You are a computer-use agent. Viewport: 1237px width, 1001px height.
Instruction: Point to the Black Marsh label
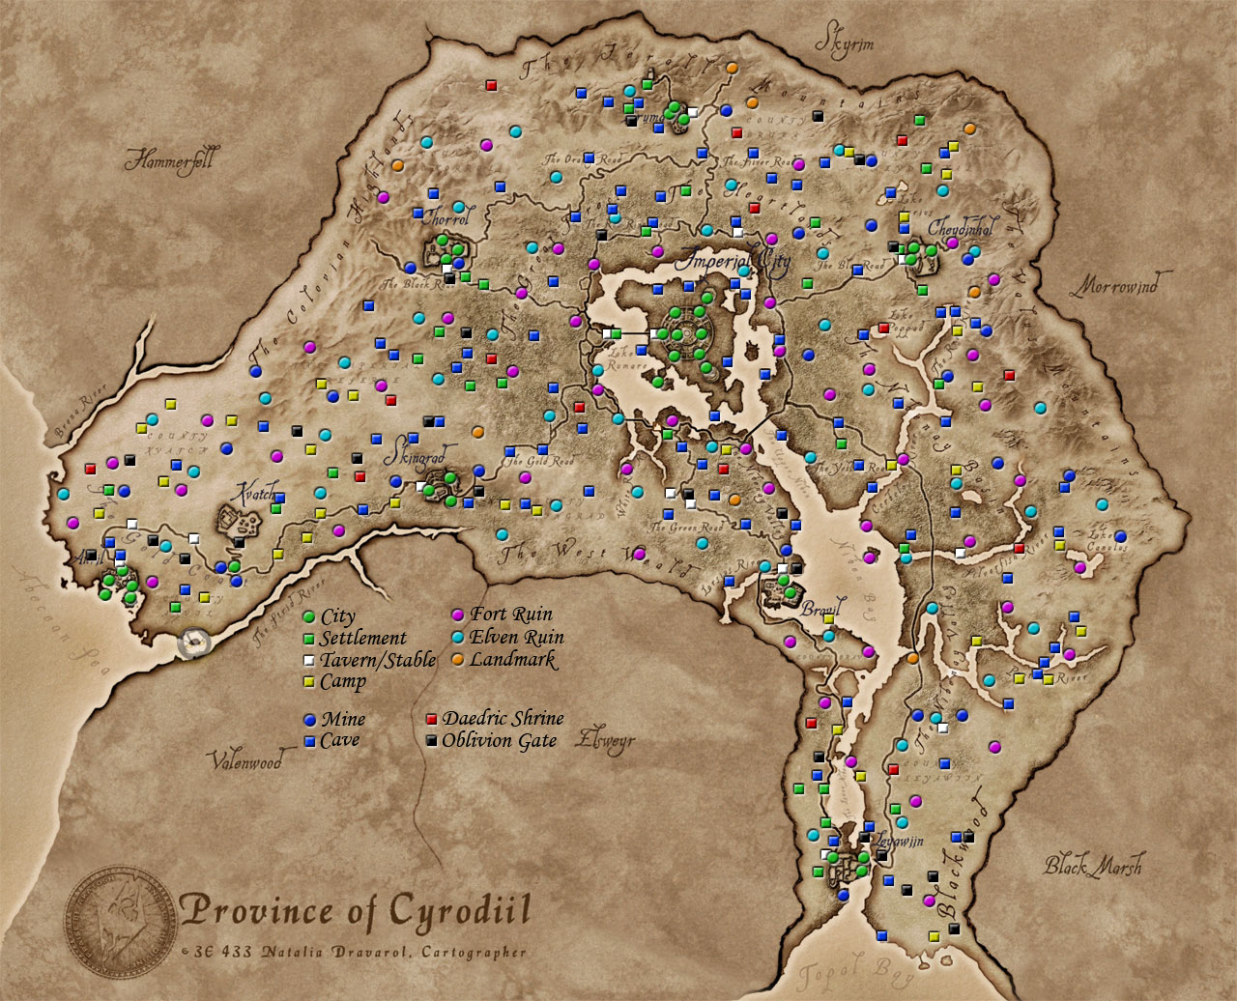coord(1092,865)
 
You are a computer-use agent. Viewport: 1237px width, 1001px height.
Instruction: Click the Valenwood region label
coord(247,760)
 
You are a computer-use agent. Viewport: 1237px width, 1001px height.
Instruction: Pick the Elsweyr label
coord(605,741)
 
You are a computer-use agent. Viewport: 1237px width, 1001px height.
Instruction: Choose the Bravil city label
coord(821,611)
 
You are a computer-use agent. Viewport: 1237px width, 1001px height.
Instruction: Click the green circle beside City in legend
coord(309,616)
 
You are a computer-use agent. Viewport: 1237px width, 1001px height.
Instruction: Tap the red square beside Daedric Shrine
coord(432,720)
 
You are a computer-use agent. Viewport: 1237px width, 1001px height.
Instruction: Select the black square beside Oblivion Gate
coord(432,741)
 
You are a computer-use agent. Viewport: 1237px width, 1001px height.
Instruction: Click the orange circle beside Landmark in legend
coord(459,660)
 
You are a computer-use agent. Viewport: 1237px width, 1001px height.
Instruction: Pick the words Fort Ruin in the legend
coord(511,615)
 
